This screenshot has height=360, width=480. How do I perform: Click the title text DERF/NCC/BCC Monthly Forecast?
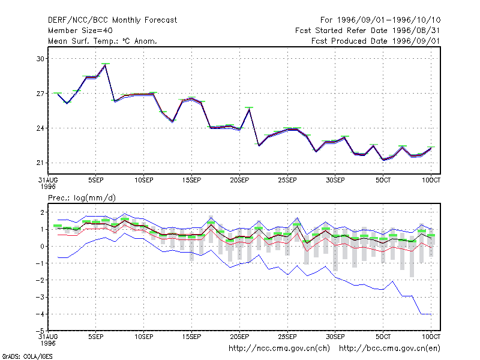112,20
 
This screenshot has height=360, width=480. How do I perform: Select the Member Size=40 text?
80,31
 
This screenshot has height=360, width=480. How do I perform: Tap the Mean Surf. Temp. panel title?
103,41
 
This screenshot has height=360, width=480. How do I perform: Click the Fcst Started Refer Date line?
368,31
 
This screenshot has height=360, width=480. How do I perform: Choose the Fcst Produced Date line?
376,41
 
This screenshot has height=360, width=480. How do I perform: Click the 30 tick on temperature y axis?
40,58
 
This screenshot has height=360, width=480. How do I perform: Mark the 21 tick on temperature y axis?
40,163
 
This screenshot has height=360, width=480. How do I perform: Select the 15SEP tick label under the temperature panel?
191,180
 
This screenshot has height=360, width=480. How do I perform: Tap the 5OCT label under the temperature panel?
383,180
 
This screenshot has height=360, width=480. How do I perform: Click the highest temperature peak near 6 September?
106,65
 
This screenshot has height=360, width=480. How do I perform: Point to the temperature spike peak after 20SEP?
249,109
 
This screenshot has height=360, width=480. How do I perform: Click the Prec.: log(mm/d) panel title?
82,198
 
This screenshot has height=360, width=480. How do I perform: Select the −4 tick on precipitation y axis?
40,314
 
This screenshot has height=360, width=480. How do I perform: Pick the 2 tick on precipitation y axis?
42,212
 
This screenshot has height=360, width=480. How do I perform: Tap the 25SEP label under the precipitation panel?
287,337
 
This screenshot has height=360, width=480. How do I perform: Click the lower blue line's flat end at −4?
427,314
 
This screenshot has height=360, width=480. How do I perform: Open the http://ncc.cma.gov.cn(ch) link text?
279,349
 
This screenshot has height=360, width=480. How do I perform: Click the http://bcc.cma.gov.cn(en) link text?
389,349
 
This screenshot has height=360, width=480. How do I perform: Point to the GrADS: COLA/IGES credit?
27,356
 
